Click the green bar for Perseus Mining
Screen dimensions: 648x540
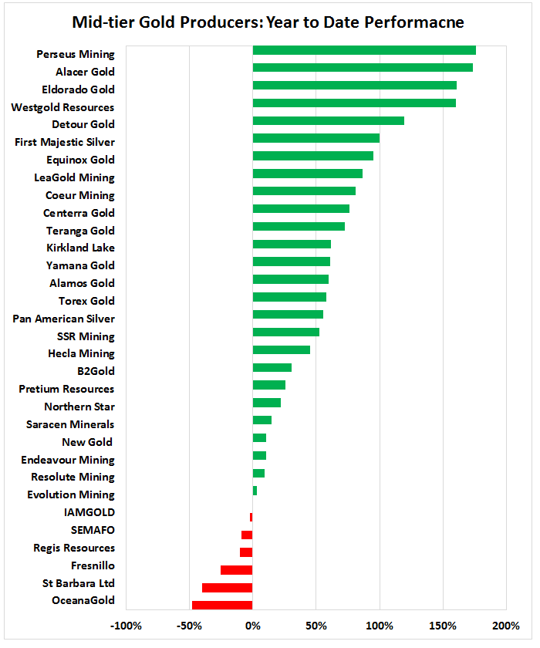click(363, 50)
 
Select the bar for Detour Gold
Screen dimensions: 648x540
click(328, 121)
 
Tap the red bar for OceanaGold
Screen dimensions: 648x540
click(222, 605)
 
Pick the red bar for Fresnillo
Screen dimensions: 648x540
click(236, 570)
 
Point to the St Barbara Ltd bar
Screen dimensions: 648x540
click(227, 587)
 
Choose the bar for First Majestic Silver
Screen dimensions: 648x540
click(316, 138)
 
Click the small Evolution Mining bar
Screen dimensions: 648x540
click(255, 491)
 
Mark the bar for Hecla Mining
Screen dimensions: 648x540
click(281, 350)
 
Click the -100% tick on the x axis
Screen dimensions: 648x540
click(126, 624)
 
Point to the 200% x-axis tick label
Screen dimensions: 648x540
click(505, 624)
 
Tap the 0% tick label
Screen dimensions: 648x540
click(252, 624)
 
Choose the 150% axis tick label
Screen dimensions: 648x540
click(442, 624)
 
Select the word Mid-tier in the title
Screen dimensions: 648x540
click(101, 22)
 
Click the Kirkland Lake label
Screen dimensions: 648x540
click(81, 248)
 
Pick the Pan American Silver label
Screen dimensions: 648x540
click(63, 319)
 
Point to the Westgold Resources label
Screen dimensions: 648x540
click(62, 107)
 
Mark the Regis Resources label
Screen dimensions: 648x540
click(74, 548)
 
